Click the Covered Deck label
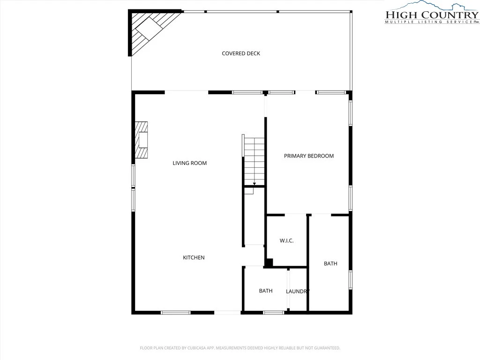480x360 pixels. pos(241,53)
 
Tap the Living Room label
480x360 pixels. pos(189,163)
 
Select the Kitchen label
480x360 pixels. pos(194,257)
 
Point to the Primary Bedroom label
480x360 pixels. pos(308,156)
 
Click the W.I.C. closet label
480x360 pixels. pos(286,240)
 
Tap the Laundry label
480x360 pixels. pos(298,292)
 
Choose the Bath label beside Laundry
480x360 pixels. pos(266,291)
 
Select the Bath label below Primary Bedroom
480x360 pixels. pos(330,263)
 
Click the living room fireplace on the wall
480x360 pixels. pos(141,140)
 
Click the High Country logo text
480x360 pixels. pos(432,15)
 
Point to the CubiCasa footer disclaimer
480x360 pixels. pos(240,348)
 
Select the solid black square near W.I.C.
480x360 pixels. pos(269,262)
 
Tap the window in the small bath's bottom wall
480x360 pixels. pos(274,313)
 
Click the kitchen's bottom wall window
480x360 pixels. pos(176,313)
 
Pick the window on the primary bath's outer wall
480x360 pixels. pos(351,279)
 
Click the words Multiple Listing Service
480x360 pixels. pos(428,22)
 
